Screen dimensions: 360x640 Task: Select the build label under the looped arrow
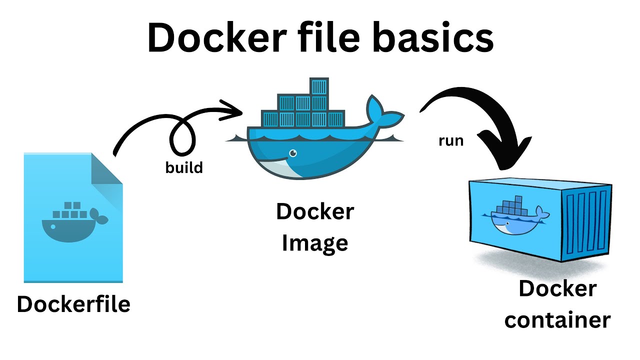click(x=184, y=167)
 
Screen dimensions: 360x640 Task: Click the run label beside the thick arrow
click(x=451, y=141)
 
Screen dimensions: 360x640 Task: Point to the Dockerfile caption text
click(x=73, y=304)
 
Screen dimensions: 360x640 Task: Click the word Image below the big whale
click(x=315, y=243)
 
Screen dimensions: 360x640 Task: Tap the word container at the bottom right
click(x=557, y=320)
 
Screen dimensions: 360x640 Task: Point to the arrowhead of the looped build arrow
click(x=231, y=111)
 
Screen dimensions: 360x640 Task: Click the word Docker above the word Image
click(x=315, y=212)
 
